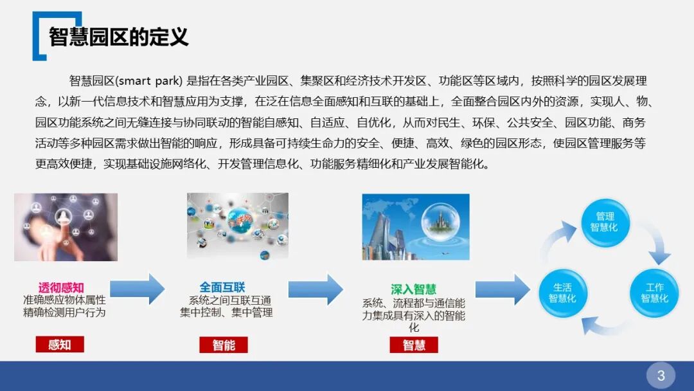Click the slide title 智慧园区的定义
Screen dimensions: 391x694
point(119,37)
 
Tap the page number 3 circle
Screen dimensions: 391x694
point(661,374)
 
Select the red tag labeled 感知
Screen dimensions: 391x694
point(60,345)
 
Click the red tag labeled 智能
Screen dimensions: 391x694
point(224,345)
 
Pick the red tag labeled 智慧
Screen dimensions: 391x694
point(414,345)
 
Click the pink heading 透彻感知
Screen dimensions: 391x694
point(61,287)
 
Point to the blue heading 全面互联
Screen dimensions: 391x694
point(222,287)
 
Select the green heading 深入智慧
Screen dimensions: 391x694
point(413,289)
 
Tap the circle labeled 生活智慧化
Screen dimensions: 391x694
point(562,293)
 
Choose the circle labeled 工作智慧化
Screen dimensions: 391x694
point(654,293)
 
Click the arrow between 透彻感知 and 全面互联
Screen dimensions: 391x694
point(138,289)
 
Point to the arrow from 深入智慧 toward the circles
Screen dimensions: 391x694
point(502,289)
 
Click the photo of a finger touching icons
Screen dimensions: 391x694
point(66,227)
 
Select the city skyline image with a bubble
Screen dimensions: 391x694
point(416,227)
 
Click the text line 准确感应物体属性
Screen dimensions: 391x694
point(64,300)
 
